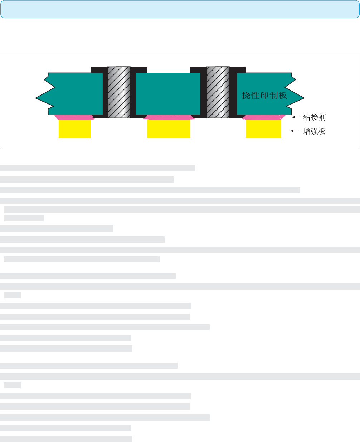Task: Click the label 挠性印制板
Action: (x=264, y=96)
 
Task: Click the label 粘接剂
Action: (x=314, y=117)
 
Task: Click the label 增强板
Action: (x=314, y=131)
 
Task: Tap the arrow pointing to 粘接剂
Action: (x=296, y=117)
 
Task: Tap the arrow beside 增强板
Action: (x=294, y=131)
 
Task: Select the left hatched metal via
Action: (x=119, y=92)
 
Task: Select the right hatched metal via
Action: (x=218, y=92)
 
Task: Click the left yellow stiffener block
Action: (x=75, y=128)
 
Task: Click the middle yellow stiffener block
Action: (x=169, y=128)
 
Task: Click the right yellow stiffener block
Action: (x=263, y=128)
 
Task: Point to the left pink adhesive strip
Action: (x=74, y=117)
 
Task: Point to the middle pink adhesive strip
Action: (x=169, y=117)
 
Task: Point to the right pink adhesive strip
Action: (x=264, y=117)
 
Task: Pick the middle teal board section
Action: (x=168, y=93)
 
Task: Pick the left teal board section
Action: (x=69, y=93)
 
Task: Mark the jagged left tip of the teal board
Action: (x=35, y=98)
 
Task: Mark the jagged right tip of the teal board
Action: (x=305, y=98)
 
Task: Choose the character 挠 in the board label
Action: (x=246, y=96)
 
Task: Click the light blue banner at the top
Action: (x=180, y=9)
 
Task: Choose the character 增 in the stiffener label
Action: (x=307, y=131)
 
